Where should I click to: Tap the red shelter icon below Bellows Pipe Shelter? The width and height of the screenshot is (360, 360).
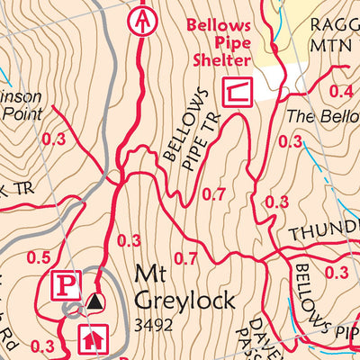tap(237, 90)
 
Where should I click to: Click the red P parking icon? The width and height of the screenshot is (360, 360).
tap(64, 285)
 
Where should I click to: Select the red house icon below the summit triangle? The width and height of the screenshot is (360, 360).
tap(91, 339)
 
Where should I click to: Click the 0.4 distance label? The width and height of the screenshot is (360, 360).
tap(340, 91)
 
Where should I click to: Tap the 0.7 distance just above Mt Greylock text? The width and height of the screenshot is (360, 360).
tap(185, 259)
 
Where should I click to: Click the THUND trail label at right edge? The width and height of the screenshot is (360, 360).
tap(323, 232)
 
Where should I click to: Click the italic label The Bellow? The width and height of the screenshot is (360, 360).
tap(321, 117)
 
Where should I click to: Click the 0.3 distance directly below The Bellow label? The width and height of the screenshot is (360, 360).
tap(290, 141)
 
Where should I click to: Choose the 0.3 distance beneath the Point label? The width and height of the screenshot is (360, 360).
tap(54, 139)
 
